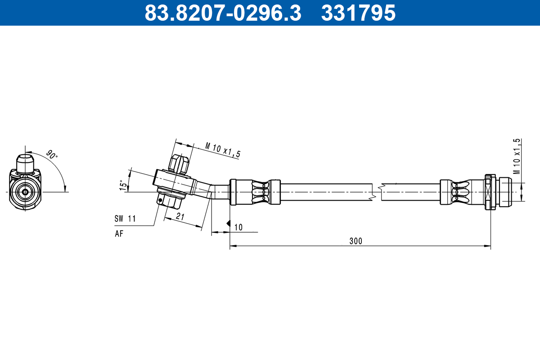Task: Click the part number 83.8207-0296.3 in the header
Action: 223,13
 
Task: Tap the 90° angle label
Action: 52,156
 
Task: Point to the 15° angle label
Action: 121,185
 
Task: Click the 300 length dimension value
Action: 355,241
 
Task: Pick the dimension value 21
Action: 180,217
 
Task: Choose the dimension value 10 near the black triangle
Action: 238,227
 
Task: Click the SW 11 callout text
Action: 125,219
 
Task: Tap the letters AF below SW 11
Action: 119,233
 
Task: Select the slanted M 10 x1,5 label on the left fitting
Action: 223,150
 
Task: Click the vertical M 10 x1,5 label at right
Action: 517,156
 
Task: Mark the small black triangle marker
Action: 228,223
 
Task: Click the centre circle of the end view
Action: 25,192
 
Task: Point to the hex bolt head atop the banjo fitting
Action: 178,164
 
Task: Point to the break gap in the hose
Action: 377,192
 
